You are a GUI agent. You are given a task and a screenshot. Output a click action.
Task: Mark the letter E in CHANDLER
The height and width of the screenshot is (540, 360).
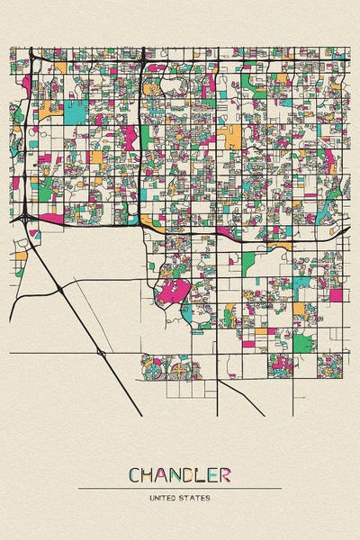tap(215, 474)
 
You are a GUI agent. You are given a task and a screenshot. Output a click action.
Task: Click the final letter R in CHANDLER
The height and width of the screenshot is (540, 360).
tap(225, 474)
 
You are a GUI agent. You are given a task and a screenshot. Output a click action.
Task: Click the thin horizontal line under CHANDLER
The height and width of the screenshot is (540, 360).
tap(180, 488)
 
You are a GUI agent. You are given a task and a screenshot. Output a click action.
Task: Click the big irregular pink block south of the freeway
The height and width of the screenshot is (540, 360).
tap(175, 292)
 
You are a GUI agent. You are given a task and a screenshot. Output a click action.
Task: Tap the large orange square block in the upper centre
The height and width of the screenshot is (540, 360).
tap(230, 137)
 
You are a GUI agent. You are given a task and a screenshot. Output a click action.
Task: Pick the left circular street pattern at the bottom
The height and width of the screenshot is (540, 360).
tap(154, 369)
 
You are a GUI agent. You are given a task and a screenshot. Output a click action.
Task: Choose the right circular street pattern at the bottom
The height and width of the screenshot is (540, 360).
tap(183, 369)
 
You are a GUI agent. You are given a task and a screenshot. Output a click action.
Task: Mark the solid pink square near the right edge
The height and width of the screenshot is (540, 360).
tap(336, 294)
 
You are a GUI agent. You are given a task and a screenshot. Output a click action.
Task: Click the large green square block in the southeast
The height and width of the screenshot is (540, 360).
tap(303, 343)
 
